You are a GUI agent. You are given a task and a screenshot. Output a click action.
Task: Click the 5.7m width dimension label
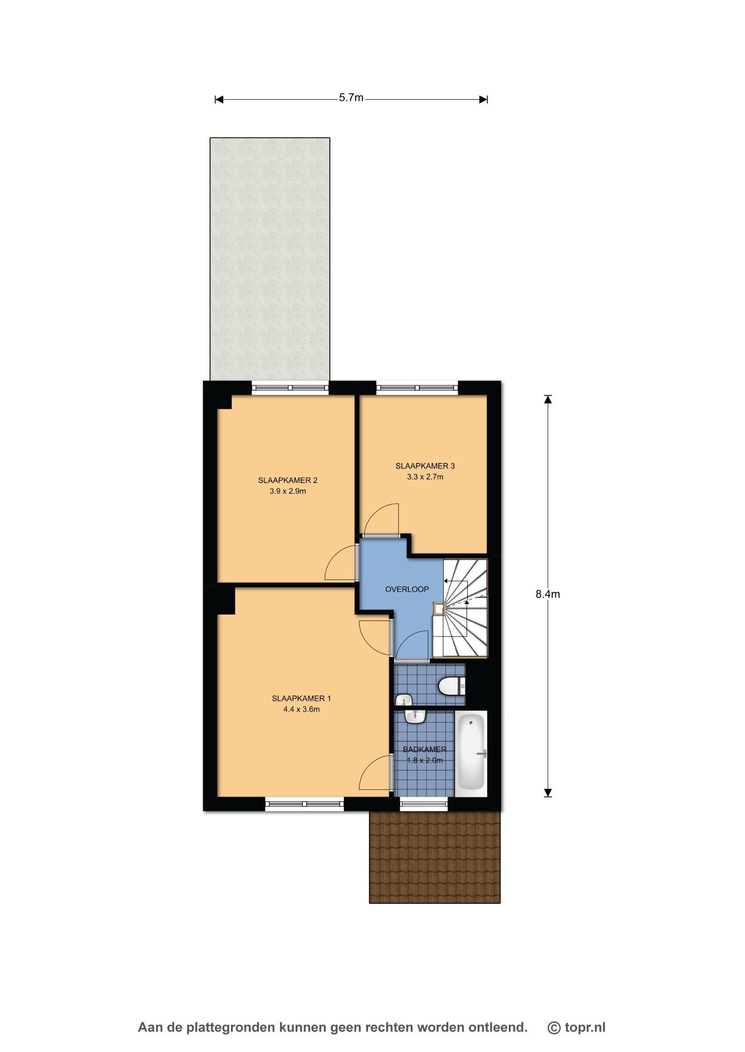[351, 98]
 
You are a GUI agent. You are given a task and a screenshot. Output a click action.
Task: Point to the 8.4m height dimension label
[548, 594]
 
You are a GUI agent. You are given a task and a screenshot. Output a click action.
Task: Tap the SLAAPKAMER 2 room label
[287, 480]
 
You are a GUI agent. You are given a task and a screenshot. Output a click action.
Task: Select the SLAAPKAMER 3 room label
[425, 466]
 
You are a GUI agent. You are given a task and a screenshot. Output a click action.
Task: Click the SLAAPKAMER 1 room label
[302, 698]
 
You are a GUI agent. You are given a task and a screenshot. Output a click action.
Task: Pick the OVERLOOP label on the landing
[407, 589]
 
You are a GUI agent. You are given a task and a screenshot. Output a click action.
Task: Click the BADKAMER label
[424, 749]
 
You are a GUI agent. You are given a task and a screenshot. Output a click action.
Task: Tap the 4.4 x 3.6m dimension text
[302, 709]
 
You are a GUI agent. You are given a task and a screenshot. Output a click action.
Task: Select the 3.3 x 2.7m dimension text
[425, 476]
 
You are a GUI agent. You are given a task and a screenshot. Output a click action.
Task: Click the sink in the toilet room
[404, 700]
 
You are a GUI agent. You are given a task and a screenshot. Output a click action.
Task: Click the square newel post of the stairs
[439, 608]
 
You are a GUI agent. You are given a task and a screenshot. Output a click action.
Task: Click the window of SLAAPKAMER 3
[417, 388]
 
